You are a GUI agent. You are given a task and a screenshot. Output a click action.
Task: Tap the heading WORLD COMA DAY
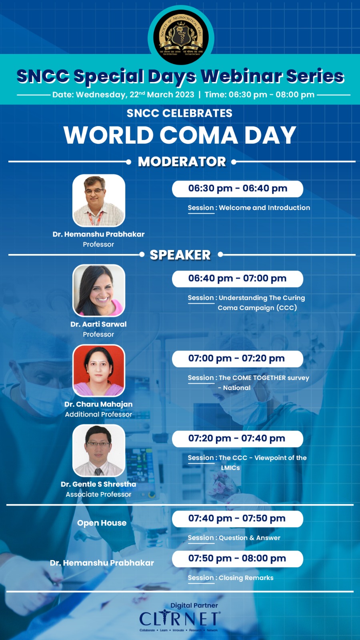click(x=180, y=135)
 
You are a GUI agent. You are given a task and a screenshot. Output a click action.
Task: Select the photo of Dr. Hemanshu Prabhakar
click(x=98, y=200)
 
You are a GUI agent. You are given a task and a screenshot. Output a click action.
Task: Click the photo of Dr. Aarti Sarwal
click(x=98, y=290)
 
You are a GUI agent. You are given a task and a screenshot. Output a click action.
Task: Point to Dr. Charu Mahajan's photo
click(x=98, y=370)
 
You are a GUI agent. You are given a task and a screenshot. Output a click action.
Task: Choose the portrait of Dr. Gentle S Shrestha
click(x=98, y=450)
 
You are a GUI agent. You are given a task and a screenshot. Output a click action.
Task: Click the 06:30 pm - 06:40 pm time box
click(x=237, y=188)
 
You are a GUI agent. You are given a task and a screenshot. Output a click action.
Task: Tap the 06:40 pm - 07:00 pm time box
click(x=237, y=278)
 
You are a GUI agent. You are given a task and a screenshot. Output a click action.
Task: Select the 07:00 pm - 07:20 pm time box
click(x=237, y=358)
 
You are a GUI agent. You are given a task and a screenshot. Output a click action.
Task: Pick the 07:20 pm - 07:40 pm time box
click(x=237, y=438)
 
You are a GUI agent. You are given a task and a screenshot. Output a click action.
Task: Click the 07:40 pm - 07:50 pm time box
click(x=237, y=518)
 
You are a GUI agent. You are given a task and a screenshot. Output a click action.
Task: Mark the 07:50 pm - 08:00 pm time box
click(x=237, y=558)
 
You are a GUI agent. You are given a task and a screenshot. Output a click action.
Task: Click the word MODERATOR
click(x=182, y=162)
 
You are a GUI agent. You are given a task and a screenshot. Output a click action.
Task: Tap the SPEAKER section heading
click(x=180, y=255)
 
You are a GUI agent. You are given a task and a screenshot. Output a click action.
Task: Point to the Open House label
click(x=102, y=523)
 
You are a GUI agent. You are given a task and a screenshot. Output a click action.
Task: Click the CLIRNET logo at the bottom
click(x=180, y=619)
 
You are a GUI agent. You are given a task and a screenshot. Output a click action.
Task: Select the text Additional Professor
click(x=98, y=414)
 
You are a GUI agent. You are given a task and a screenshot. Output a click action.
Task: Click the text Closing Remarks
click(x=246, y=578)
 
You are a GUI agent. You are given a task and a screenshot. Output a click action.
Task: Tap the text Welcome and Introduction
click(x=264, y=208)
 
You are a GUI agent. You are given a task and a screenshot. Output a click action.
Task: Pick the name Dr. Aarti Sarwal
click(x=98, y=324)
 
